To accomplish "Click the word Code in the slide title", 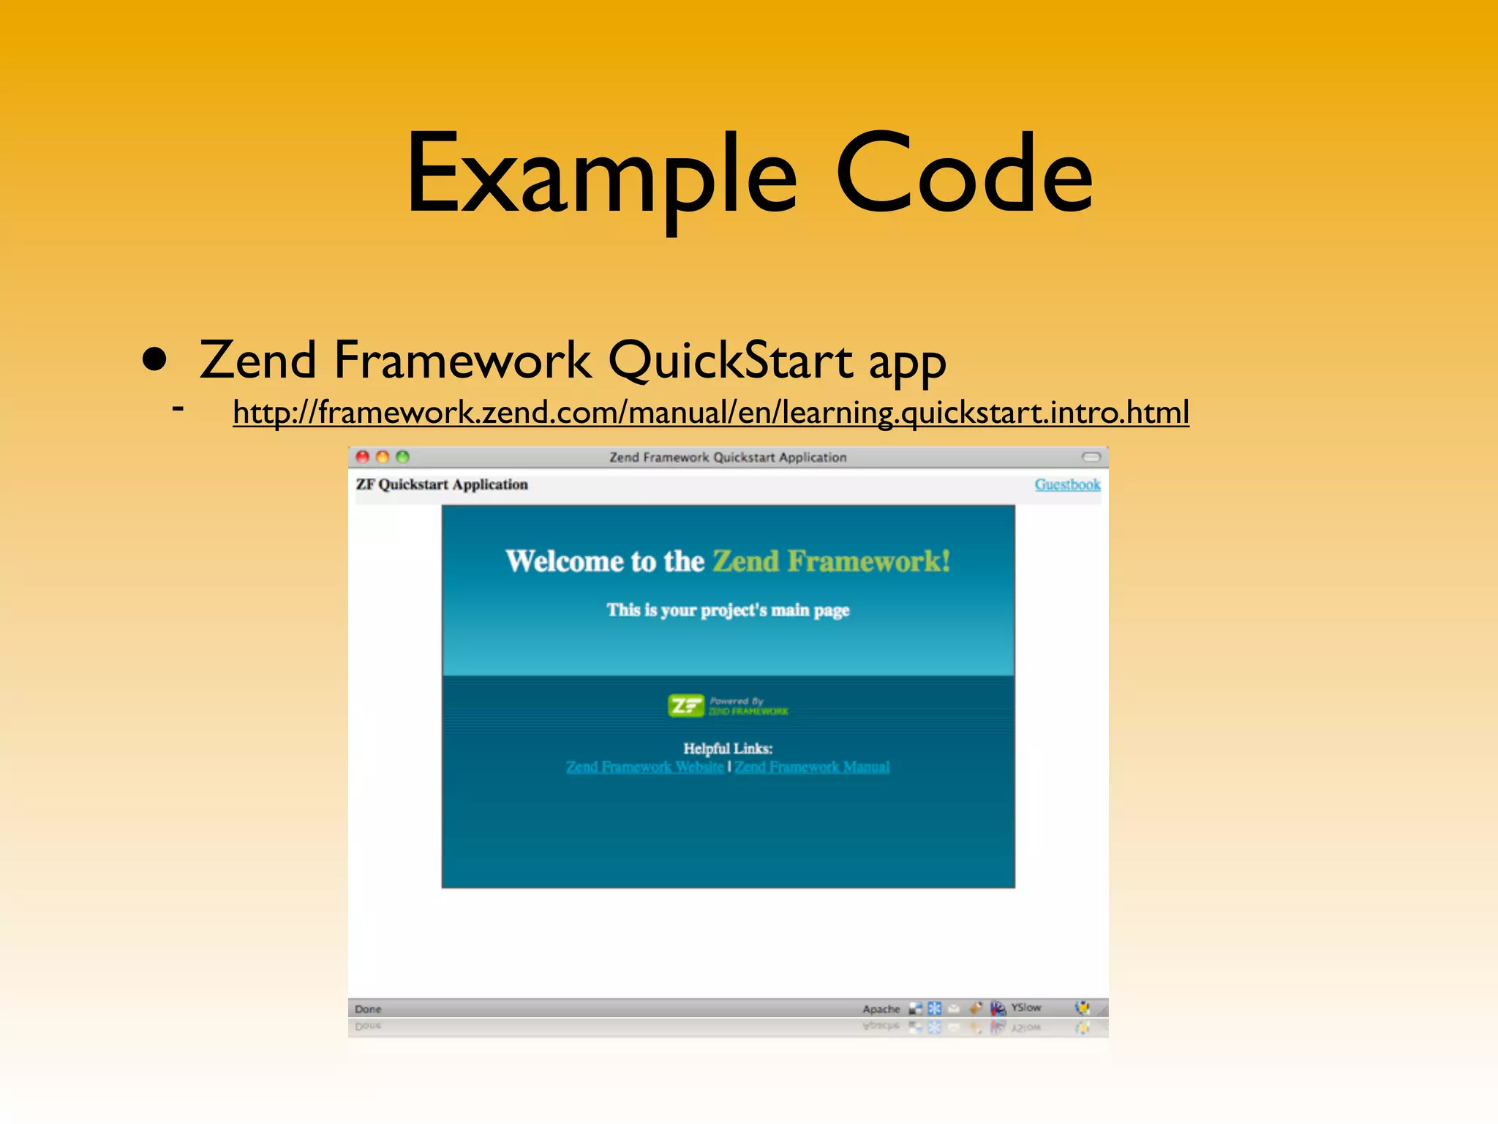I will pos(964,176).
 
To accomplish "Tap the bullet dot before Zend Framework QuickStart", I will pos(154,359).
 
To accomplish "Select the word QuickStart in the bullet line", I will pos(730,360).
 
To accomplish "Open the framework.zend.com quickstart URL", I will pos(710,413).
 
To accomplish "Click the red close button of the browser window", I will pos(362,457).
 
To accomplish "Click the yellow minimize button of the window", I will pos(382,457).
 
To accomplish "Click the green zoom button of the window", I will pos(402,457).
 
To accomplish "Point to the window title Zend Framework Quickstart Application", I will pos(728,457).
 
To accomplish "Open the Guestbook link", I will pos(1066,484).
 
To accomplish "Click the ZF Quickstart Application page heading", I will pos(442,484).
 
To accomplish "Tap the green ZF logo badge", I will pos(685,705).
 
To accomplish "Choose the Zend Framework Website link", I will pos(644,767).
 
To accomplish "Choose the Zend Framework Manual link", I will pos(812,767).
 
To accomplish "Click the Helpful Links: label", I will pos(728,748).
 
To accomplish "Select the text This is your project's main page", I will pos(728,610).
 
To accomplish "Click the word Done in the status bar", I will pos(368,1009).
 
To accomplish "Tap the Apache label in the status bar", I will pos(881,1009).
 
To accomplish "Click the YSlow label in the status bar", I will pos(1025,1008).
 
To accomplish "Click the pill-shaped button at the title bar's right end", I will pos(1091,457).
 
